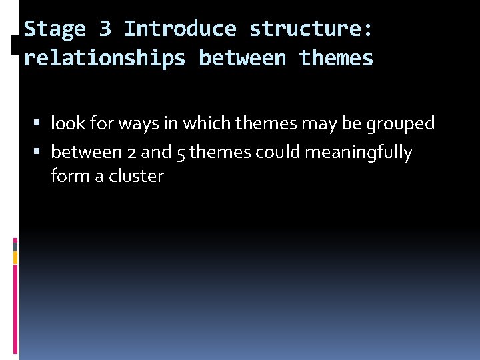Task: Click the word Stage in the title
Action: (55, 29)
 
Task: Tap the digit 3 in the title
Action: (105, 29)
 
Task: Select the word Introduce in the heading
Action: (180, 29)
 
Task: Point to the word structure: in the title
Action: (311, 29)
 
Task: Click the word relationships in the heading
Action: (105, 59)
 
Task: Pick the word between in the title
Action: (242, 59)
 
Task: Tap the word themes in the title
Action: (336, 59)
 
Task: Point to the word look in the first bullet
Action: (65, 124)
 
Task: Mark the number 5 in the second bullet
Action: (181, 153)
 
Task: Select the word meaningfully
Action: (359, 153)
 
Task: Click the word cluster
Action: (136, 177)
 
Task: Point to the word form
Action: (67, 177)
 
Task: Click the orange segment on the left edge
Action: (15, 257)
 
